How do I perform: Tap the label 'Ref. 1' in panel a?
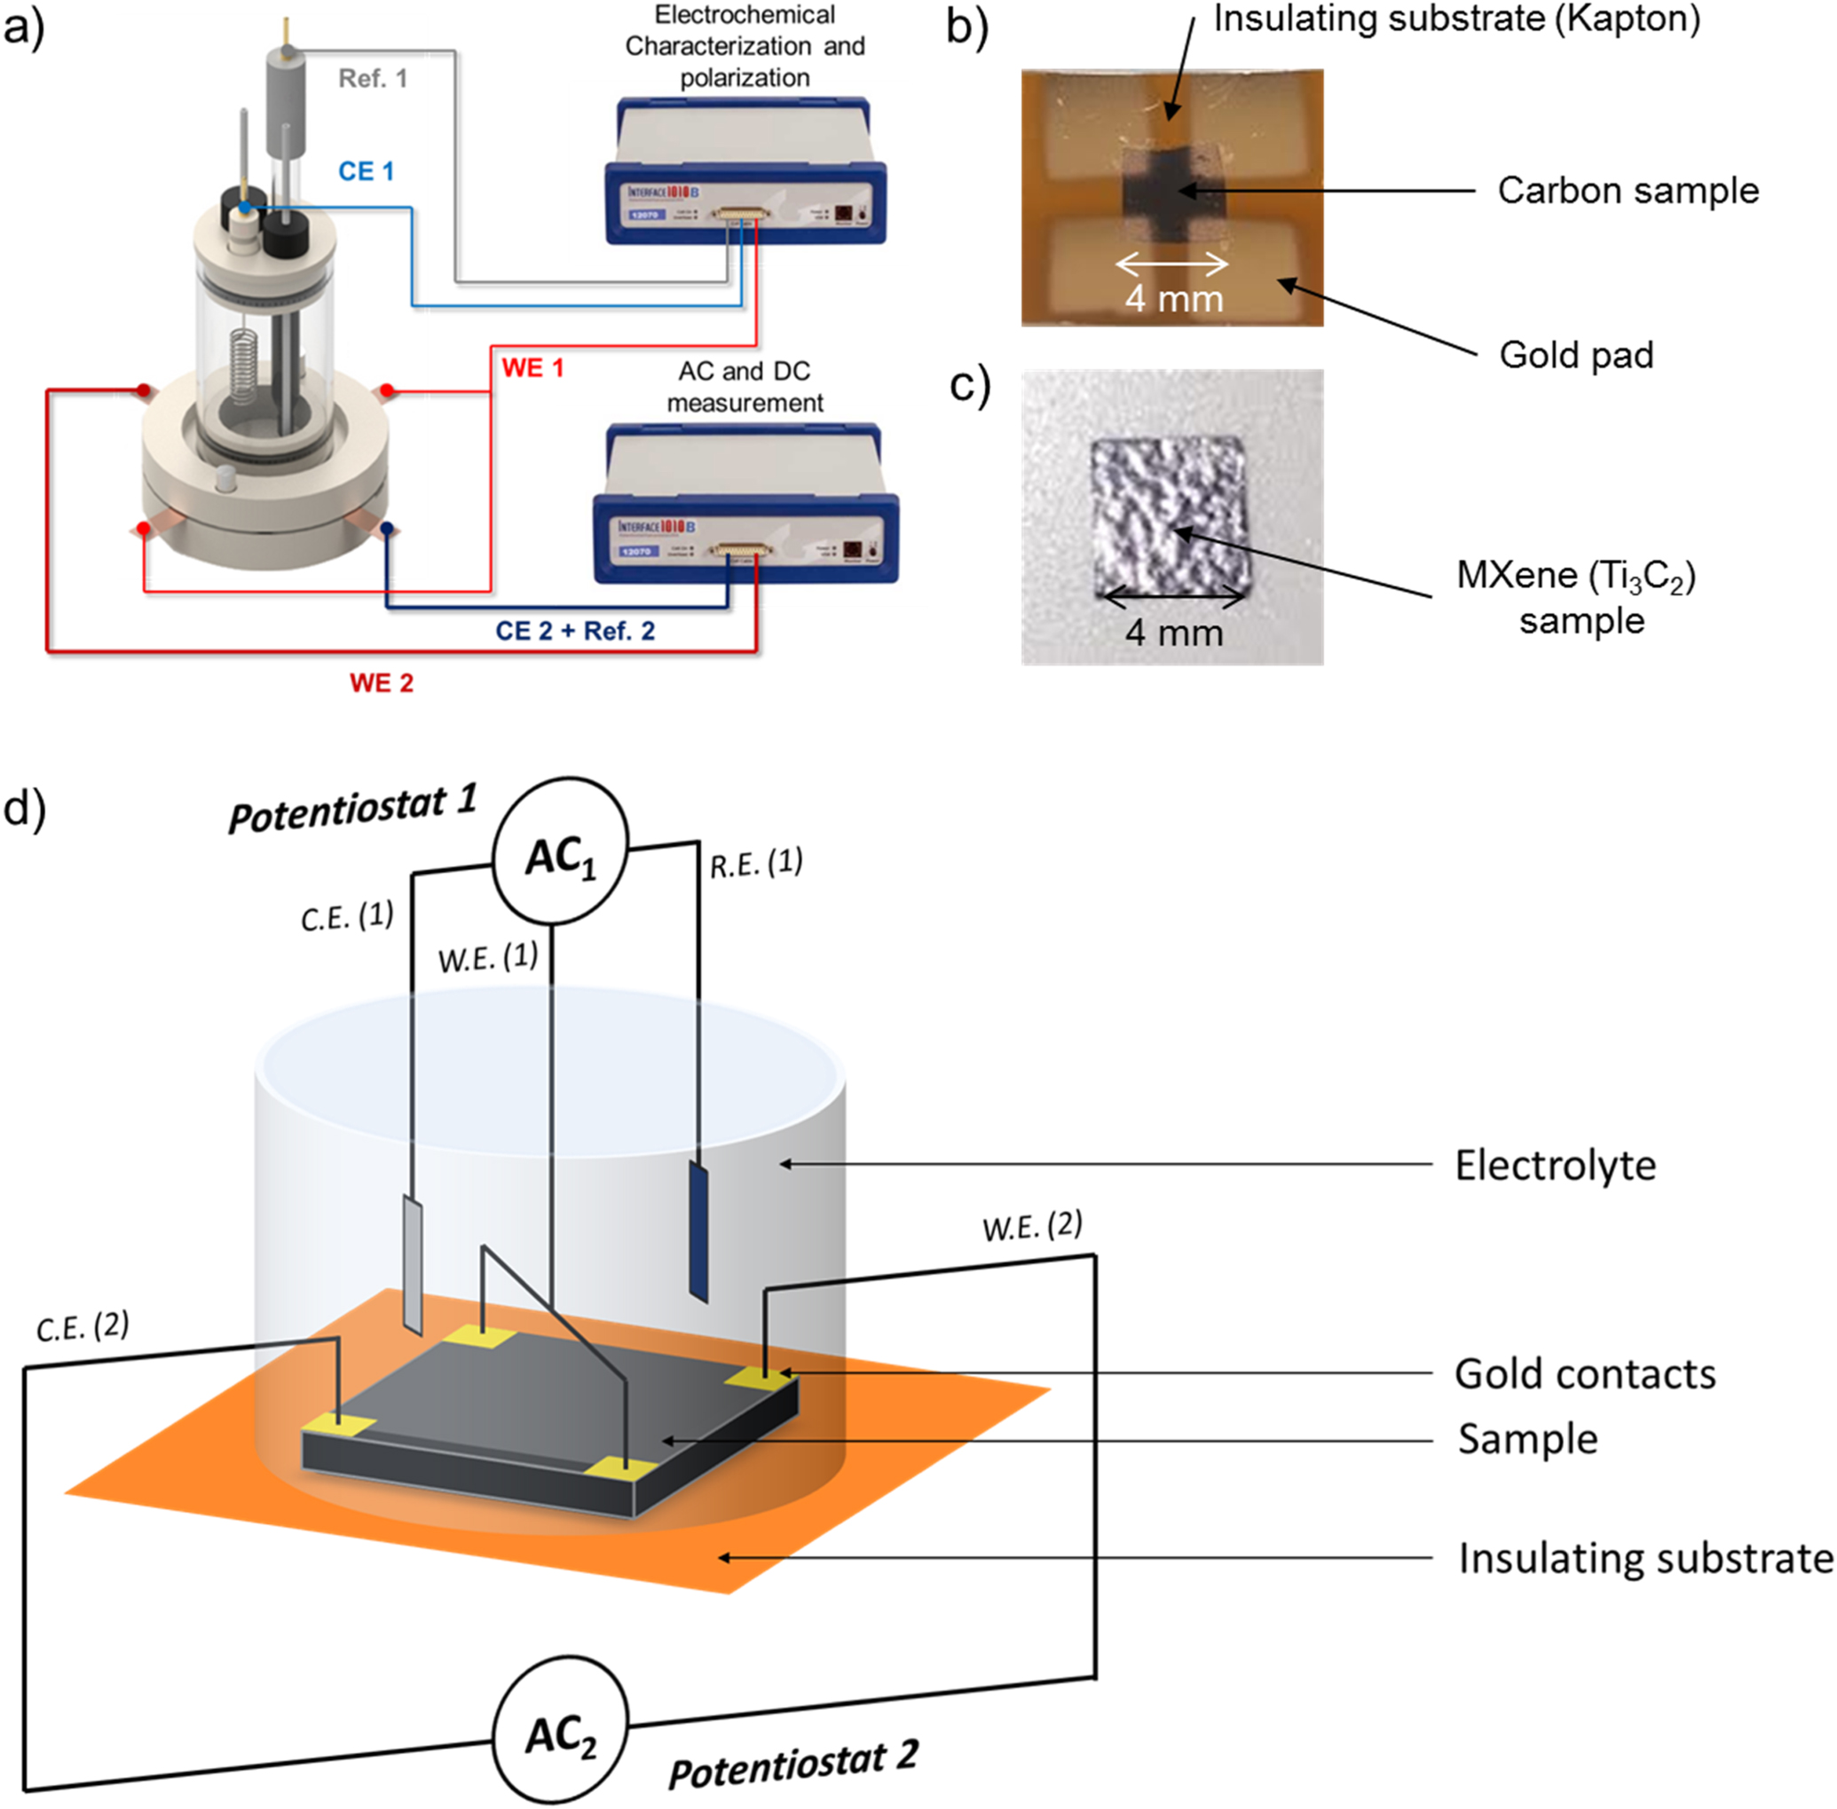click(373, 79)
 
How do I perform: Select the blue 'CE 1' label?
click(366, 172)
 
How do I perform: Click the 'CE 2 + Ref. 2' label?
click(575, 632)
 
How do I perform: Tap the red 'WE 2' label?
click(381, 683)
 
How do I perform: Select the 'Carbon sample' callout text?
click(1627, 191)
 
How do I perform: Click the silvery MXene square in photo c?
click(1169, 513)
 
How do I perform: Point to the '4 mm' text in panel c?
click(1174, 633)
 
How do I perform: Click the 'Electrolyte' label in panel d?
click(1555, 1166)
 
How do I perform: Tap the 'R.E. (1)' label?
click(756, 863)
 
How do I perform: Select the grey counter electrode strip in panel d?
click(413, 1263)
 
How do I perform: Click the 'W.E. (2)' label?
click(1032, 1227)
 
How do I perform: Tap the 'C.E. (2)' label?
click(83, 1326)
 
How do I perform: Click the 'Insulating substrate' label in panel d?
click(1645, 1559)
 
